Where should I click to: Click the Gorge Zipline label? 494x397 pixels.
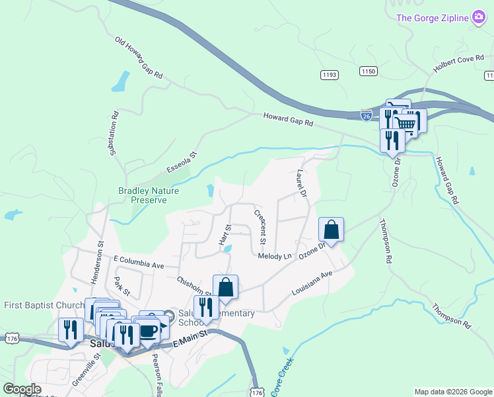click(432, 17)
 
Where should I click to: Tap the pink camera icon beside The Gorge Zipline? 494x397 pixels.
click(479, 17)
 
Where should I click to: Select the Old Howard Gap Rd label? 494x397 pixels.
click(139, 58)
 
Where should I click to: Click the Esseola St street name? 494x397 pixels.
click(182, 163)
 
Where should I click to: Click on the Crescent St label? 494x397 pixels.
click(260, 226)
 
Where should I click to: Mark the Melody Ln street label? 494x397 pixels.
click(274, 256)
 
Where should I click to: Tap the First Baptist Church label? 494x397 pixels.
click(44, 305)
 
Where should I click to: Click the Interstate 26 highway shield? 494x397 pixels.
click(367, 115)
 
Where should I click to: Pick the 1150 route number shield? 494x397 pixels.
click(369, 70)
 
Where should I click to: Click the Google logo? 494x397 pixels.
click(22, 389)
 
